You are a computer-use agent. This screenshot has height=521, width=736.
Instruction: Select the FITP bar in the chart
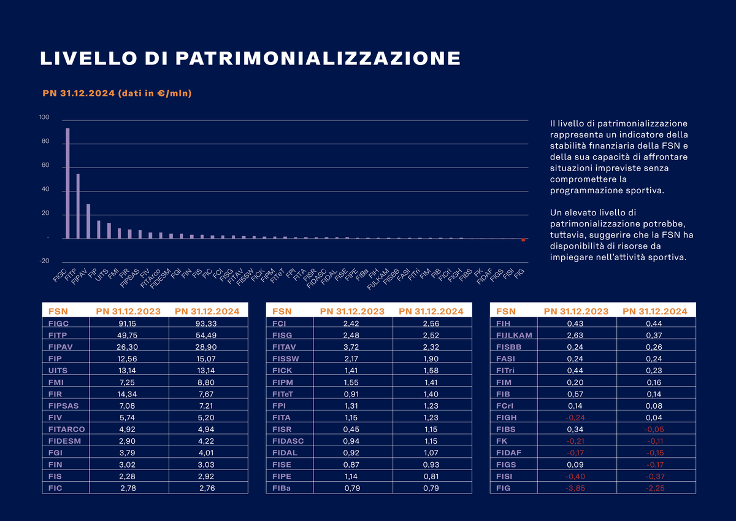78,206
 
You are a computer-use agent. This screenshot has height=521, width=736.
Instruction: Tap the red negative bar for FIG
523,240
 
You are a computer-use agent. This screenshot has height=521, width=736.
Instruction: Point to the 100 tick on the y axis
44,118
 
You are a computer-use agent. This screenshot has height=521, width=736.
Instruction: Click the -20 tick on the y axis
44,261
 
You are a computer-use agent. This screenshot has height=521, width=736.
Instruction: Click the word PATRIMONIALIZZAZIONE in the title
318,58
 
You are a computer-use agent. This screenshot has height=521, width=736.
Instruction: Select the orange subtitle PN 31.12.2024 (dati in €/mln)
117,94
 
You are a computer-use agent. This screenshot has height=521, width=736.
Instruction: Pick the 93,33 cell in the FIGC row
208,323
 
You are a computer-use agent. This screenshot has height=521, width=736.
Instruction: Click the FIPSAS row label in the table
63,406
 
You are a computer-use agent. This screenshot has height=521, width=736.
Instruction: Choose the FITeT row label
283,393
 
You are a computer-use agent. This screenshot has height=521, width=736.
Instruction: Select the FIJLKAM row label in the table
514,335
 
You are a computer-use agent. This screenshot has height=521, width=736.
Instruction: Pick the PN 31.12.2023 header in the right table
576,311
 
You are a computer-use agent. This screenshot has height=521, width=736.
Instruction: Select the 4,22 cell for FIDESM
208,441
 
